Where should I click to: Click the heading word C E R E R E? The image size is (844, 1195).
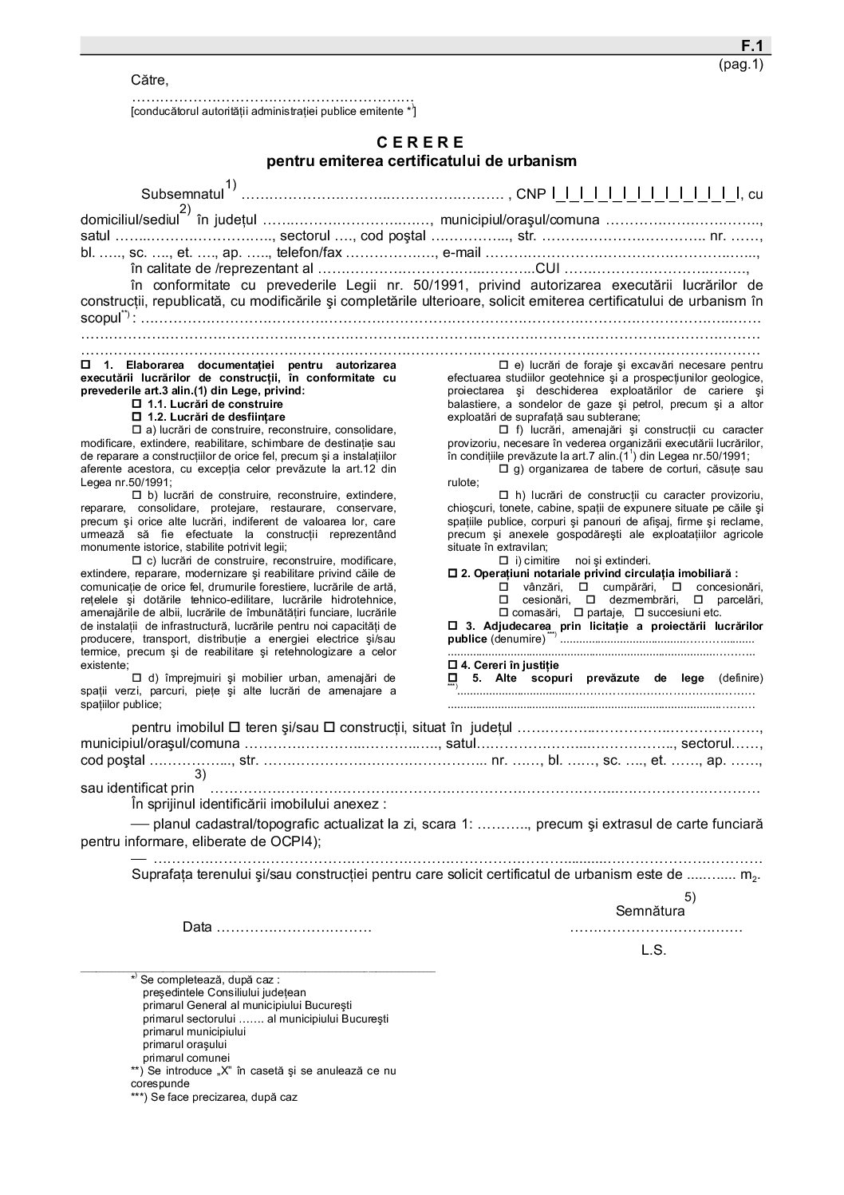click(x=420, y=143)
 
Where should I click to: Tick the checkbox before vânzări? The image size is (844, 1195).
click(x=503, y=587)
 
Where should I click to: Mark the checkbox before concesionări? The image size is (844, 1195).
click(x=676, y=587)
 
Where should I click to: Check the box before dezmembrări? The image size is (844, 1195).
click(x=590, y=599)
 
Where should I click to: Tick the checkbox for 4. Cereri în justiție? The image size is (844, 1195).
click(x=452, y=665)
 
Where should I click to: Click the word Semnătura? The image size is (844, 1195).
click(x=650, y=911)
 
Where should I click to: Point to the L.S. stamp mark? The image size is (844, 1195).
click(x=653, y=950)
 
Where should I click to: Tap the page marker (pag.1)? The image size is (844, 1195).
click(x=741, y=65)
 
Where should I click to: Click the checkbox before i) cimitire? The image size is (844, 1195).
click(x=503, y=560)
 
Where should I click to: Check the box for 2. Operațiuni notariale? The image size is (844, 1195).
click(x=452, y=573)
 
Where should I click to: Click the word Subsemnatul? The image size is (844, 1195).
click(x=183, y=194)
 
